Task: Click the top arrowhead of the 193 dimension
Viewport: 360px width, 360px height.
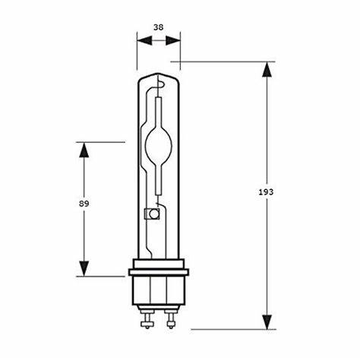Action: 267,71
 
